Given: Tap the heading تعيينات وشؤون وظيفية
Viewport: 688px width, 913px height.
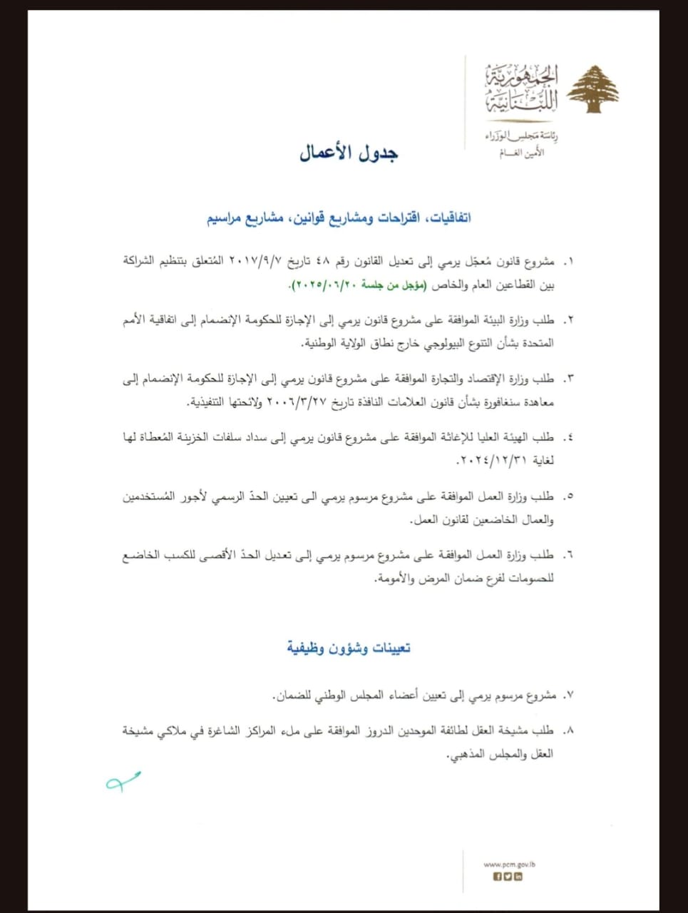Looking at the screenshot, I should [349, 648].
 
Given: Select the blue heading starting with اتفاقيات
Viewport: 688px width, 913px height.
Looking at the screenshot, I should [339, 218].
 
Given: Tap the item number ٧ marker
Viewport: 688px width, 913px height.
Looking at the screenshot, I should [568, 695].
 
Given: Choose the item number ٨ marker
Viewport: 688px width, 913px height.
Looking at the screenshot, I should [568, 730].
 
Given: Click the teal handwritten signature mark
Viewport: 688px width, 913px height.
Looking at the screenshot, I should [123, 782].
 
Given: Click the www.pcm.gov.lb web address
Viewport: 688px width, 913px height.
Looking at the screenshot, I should [509, 864].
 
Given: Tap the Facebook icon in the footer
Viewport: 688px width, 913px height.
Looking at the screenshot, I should [498, 877].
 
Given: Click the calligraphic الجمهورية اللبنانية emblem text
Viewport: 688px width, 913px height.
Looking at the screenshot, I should [523, 89].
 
